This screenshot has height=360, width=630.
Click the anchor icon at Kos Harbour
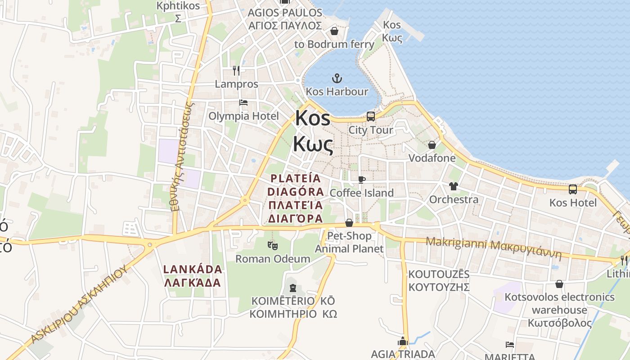click(x=337, y=79)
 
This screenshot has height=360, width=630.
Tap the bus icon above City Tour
click(x=371, y=117)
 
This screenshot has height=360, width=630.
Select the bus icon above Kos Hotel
click(x=573, y=189)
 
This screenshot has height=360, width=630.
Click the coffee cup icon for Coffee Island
click(x=361, y=180)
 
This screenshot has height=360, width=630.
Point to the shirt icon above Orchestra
click(x=453, y=186)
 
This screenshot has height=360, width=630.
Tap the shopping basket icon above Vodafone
click(x=432, y=145)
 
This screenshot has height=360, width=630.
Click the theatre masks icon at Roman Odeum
click(x=273, y=246)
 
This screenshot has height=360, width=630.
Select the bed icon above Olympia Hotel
click(x=243, y=103)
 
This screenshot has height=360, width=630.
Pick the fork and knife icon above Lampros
click(x=236, y=70)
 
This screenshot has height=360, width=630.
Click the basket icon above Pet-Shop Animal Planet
click(x=349, y=223)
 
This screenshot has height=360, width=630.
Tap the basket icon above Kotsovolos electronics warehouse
click(x=559, y=284)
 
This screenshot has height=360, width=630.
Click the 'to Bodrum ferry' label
click(x=334, y=44)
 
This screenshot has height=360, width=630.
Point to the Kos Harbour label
click(x=337, y=92)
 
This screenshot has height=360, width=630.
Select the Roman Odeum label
click(x=273, y=259)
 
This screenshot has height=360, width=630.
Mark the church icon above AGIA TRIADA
click(x=403, y=342)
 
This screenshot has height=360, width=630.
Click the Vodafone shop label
click(x=432, y=158)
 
